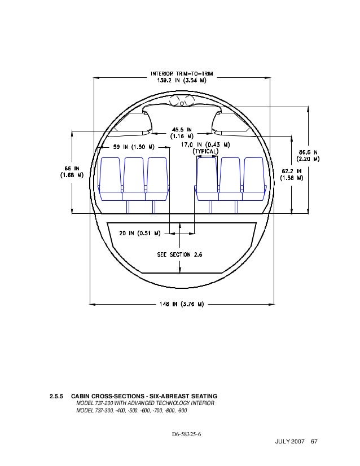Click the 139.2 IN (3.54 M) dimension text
tap(181, 80)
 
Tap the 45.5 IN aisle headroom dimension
tap(181, 132)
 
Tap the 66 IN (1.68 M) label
tap(72, 171)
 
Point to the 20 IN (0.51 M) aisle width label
tap(140, 232)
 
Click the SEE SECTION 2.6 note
tap(179, 254)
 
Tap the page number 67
tap(314, 441)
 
